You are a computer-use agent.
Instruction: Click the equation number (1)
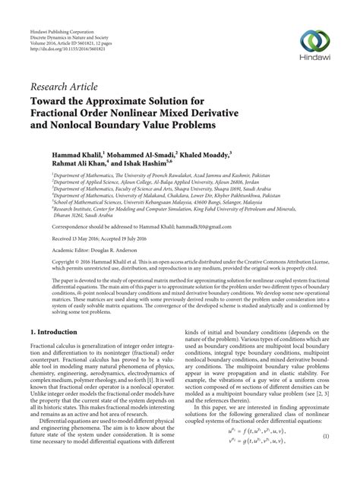[324, 460]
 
